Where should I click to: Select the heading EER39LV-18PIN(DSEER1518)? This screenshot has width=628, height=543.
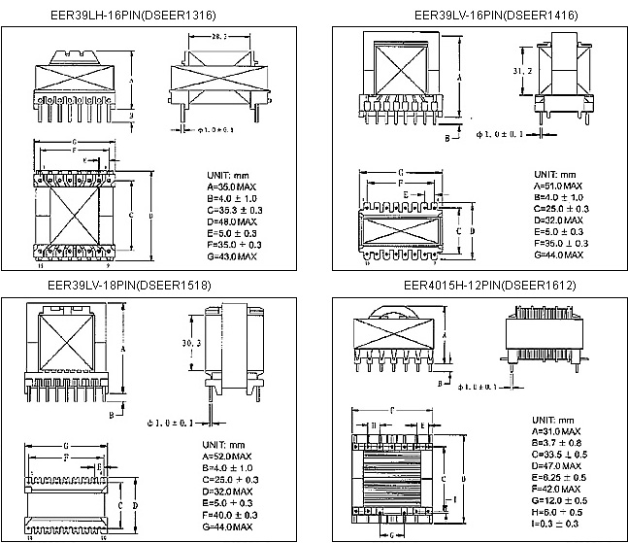tap(141, 286)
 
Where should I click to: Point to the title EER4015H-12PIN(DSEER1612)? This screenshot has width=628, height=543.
tap(479, 286)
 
